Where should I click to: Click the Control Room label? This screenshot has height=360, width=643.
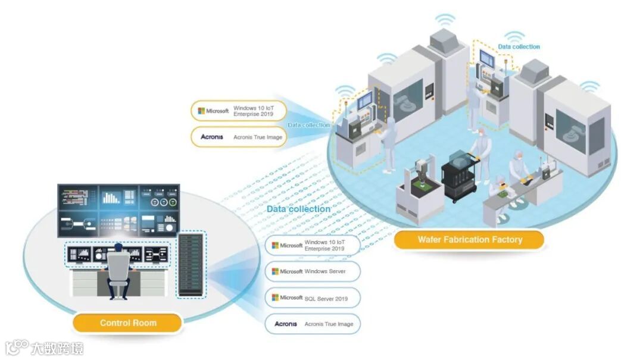pyautogui.click(x=127, y=323)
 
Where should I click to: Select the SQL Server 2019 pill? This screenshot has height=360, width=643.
pyautogui.click(x=313, y=298)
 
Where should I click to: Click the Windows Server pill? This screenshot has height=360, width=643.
pyautogui.click(x=313, y=271)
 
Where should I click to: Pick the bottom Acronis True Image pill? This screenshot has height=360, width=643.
pyautogui.click(x=313, y=324)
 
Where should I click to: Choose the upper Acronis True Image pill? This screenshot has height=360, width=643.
pyautogui.click(x=239, y=137)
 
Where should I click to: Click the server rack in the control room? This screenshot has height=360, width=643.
pyautogui.click(x=191, y=265)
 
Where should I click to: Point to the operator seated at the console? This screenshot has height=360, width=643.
pyautogui.click(x=117, y=271)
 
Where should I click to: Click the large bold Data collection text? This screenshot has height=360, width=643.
pyautogui.click(x=298, y=209)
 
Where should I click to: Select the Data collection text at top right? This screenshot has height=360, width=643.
pyautogui.click(x=519, y=46)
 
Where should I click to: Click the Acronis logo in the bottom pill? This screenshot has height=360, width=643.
pyautogui.click(x=285, y=324)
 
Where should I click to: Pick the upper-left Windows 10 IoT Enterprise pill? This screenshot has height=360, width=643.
pyautogui.click(x=239, y=111)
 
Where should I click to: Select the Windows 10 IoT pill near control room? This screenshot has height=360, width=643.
pyautogui.click(x=313, y=245)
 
